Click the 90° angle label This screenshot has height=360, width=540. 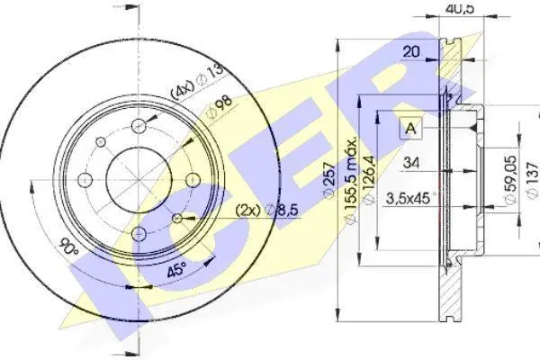[x=69, y=247]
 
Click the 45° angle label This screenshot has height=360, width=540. [x=176, y=269]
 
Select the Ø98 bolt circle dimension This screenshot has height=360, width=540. [x=220, y=107]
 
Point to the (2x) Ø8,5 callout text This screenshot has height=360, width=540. [x=267, y=210]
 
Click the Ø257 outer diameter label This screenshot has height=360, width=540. [x=329, y=179]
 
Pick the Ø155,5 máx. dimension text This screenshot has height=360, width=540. [x=351, y=182]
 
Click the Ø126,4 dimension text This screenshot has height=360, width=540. [x=369, y=179]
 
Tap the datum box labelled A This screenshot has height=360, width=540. [x=411, y=128]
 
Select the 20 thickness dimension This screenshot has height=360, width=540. [x=411, y=51]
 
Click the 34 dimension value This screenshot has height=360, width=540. [x=411, y=162]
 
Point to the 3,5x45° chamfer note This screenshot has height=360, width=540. [x=409, y=198]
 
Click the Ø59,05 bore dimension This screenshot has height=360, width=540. [x=510, y=179]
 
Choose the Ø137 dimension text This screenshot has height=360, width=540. [x=533, y=180]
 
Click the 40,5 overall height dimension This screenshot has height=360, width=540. [x=460, y=7]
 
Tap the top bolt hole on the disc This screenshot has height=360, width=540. [x=139, y=126]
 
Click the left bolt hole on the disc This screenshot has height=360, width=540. [x=85, y=180]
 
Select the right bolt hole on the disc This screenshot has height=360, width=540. [x=193, y=180]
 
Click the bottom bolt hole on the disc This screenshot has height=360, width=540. [x=139, y=234]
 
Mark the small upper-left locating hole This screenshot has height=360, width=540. [x=101, y=141]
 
